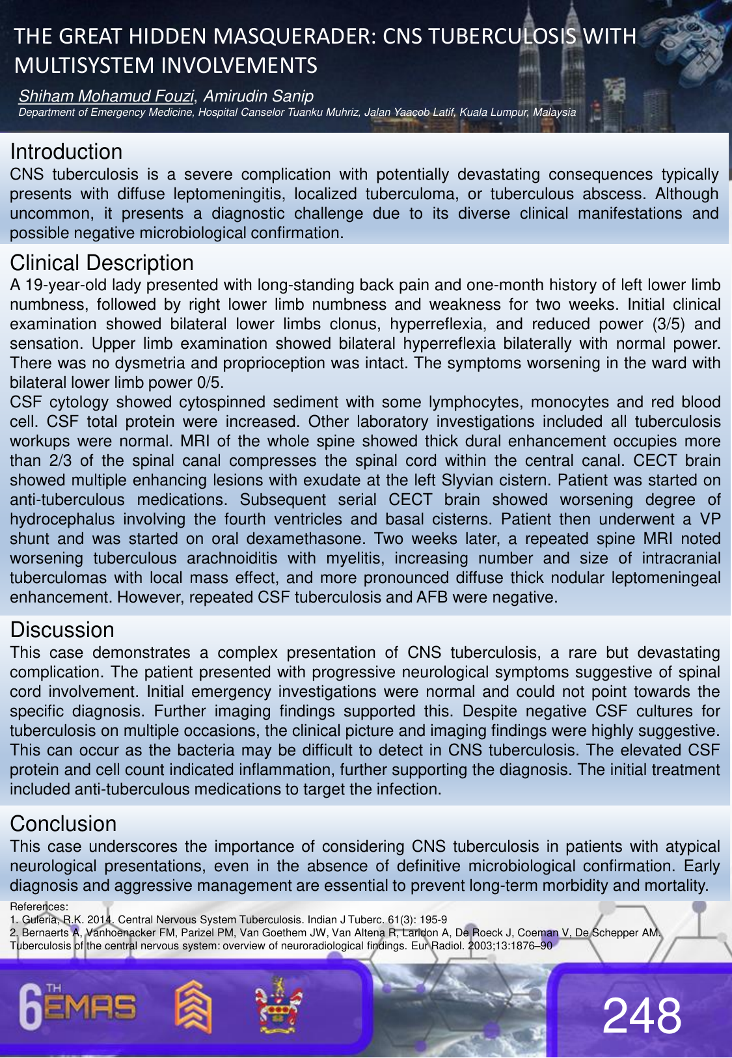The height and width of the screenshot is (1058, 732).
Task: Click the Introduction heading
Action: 66,152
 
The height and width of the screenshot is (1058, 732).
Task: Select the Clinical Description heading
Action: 102,263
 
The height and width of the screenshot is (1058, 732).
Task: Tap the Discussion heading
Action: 62,630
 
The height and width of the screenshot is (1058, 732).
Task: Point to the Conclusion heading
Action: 63,824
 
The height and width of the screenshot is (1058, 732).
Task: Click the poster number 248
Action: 642,1015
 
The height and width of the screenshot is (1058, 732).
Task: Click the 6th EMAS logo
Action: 78,1007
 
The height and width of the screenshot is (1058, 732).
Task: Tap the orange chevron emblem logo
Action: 193,1007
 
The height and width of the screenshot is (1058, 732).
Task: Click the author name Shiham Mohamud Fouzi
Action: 106,96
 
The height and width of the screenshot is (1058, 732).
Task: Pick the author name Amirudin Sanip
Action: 258,96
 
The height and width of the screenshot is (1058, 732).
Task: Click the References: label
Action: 39,906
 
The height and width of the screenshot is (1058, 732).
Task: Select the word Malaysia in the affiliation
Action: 554,112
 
